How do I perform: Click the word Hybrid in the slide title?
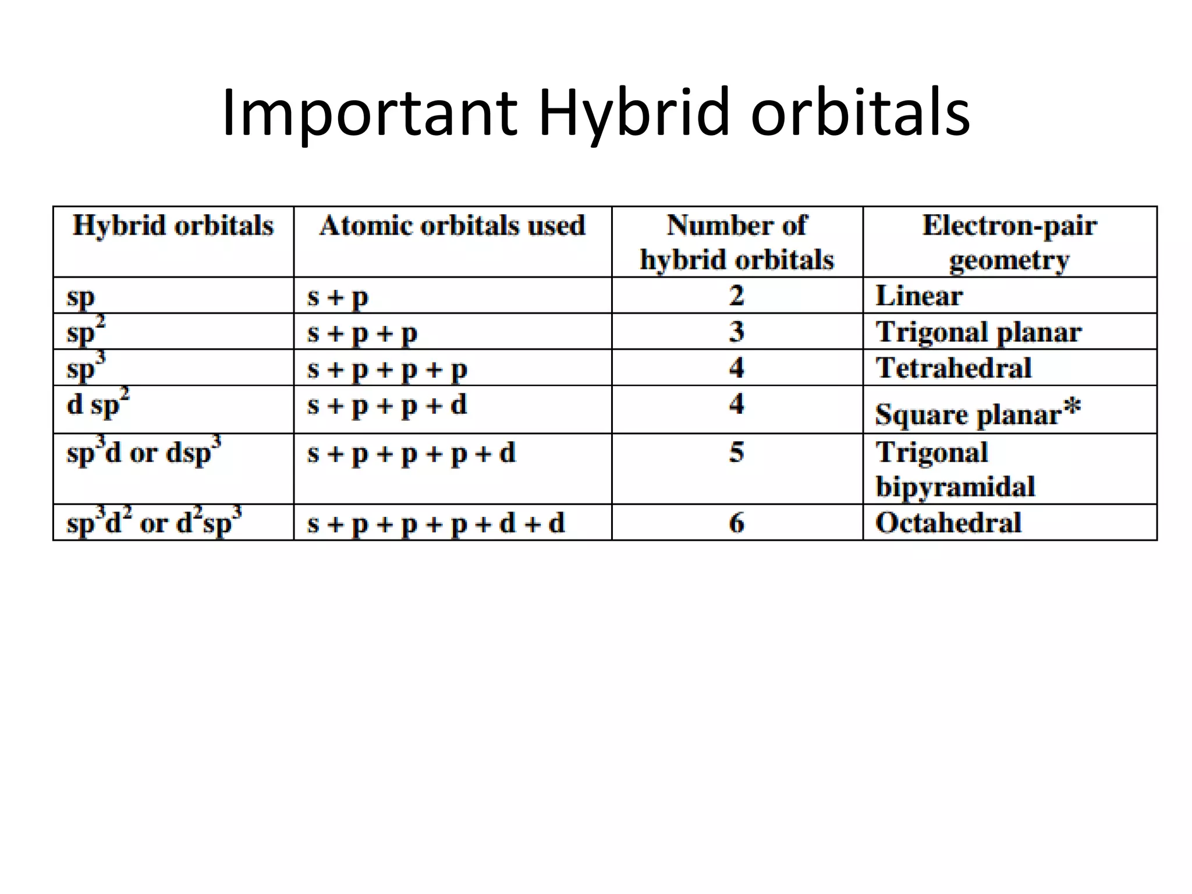[x=633, y=112]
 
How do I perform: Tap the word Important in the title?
[x=369, y=112]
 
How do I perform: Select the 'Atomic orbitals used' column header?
[x=452, y=226]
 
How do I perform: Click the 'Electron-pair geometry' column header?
[x=1009, y=242]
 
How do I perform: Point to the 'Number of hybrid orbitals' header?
[x=737, y=242]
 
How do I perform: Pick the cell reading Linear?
[x=919, y=296]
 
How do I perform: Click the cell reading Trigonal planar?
[x=978, y=332]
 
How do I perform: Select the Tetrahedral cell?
[x=953, y=368]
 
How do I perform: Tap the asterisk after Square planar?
[x=1072, y=407]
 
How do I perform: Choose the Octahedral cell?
[x=948, y=523]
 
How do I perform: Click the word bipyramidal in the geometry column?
[x=955, y=487]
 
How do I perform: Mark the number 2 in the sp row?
[x=737, y=296]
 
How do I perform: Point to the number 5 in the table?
[x=737, y=452]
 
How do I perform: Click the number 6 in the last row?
[x=737, y=523]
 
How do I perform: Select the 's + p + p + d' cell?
[x=387, y=405]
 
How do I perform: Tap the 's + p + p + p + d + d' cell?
[x=436, y=523]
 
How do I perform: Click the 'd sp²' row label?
[x=98, y=403]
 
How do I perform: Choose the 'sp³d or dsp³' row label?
[x=144, y=452]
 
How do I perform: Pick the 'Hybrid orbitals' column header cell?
[x=173, y=226]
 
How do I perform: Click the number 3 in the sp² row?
[x=737, y=332]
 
